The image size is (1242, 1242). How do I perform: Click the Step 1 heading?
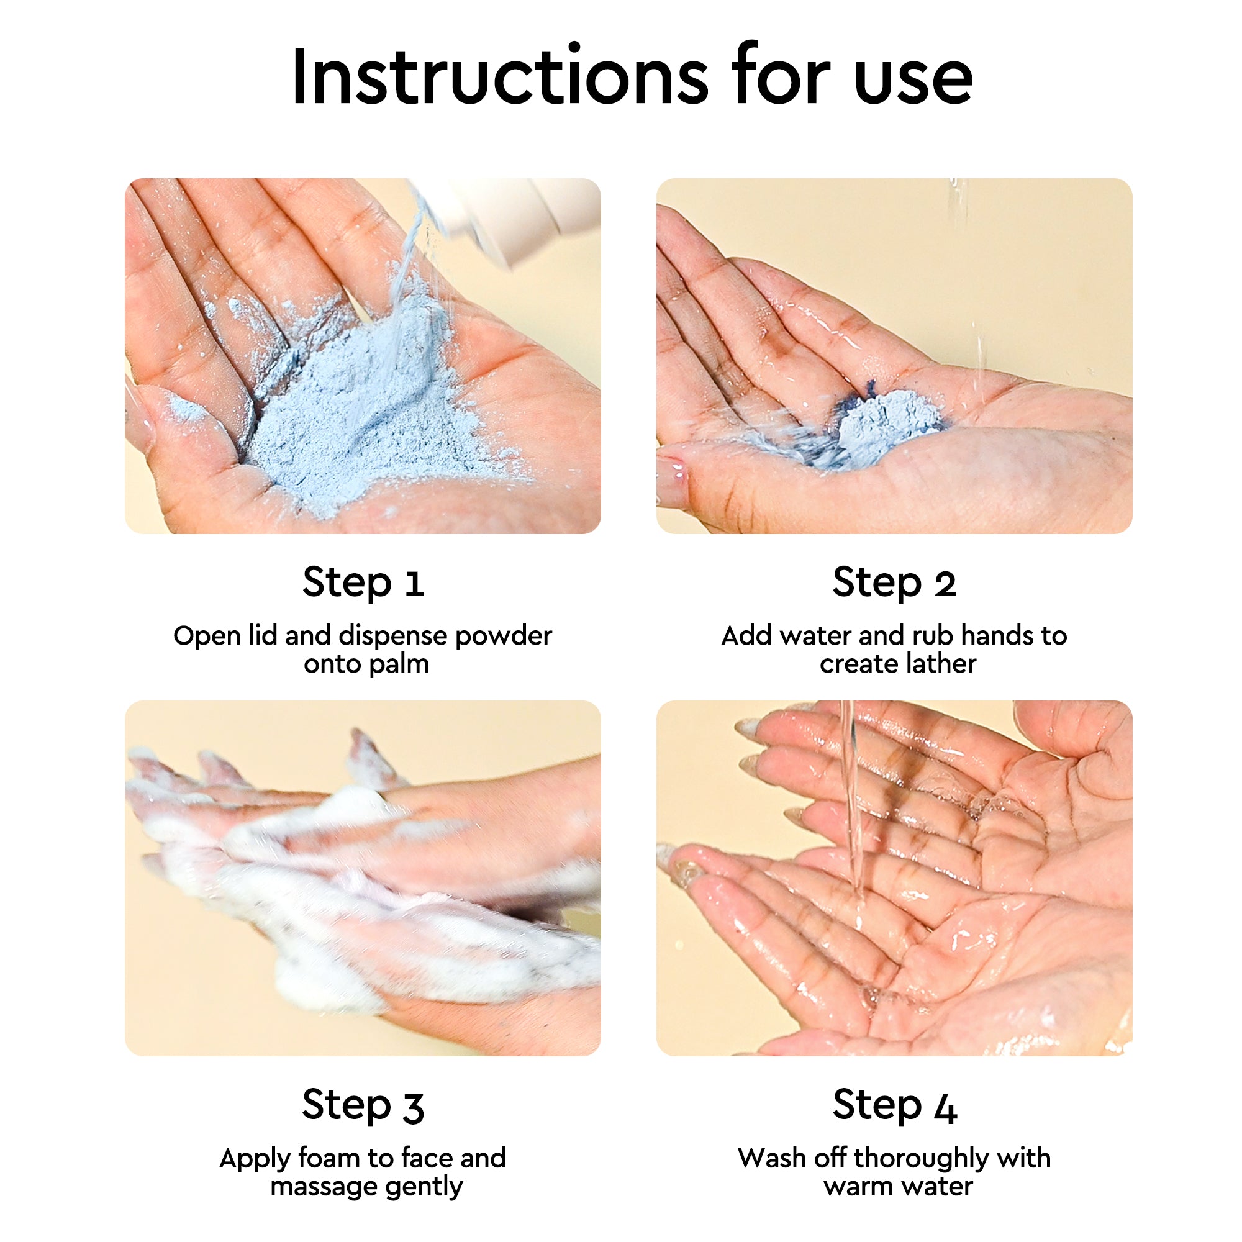click(363, 582)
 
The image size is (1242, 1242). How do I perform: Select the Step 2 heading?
click(894, 582)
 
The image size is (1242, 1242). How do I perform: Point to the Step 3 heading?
click(363, 1104)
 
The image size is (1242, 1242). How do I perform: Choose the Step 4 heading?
click(894, 1104)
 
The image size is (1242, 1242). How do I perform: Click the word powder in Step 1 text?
click(504, 637)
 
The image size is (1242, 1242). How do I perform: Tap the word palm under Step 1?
click(399, 663)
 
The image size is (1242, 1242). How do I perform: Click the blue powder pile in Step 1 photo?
click(360, 412)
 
